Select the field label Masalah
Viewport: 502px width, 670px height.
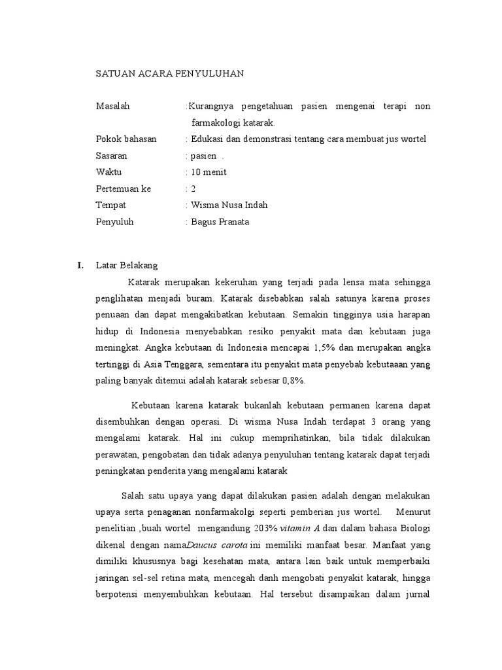(x=113, y=106)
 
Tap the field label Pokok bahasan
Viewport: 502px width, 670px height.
(x=126, y=139)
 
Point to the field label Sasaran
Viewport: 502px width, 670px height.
(x=112, y=156)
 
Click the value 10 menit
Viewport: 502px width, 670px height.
(x=209, y=172)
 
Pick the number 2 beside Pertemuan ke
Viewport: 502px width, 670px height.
(x=193, y=188)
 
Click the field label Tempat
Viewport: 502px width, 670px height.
(x=110, y=205)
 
